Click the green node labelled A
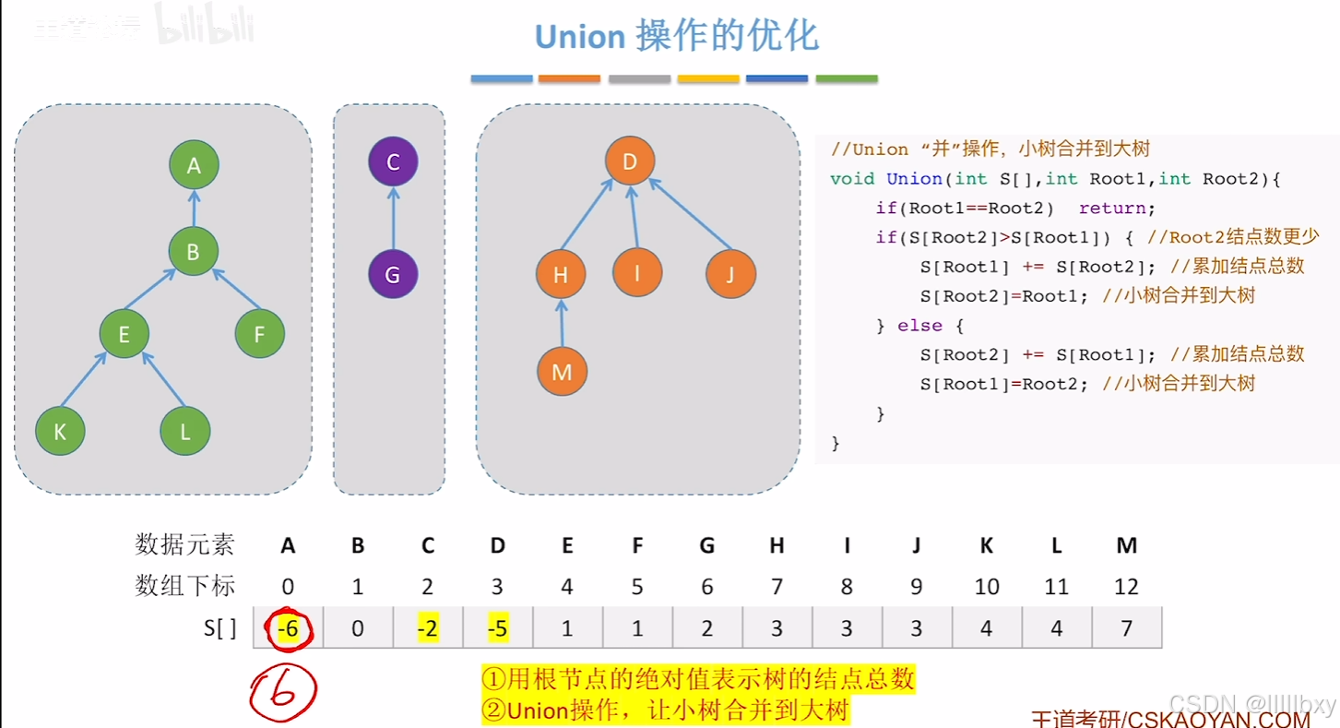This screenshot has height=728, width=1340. click(194, 165)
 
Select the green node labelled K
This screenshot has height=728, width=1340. click(60, 431)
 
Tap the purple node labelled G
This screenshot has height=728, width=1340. click(393, 274)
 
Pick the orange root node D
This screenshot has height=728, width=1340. click(630, 162)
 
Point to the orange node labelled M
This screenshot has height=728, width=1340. click(562, 372)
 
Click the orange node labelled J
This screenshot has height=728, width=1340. click(730, 274)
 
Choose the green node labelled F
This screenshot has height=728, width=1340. click(259, 334)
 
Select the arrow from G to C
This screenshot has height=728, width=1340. click(393, 219)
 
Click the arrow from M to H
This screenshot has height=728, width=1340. click(562, 323)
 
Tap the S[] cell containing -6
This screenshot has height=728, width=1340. click(288, 628)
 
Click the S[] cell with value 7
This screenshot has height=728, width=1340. click(1126, 628)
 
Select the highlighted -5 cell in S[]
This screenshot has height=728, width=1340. click(497, 628)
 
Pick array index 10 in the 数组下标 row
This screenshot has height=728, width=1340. click(986, 586)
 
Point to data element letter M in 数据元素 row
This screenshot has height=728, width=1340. click(1126, 545)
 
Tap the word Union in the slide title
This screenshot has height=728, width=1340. click(580, 37)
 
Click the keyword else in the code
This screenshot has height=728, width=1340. click(919, 326)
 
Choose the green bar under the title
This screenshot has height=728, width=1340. click(847, 79)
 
